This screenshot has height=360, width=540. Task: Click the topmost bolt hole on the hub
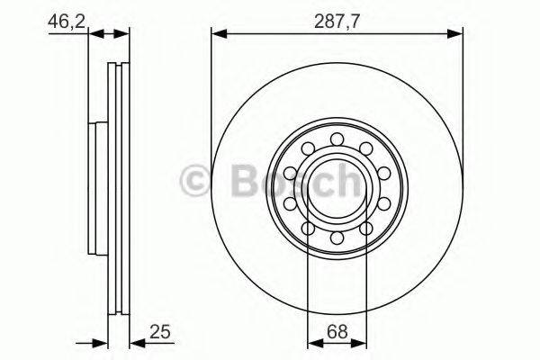click(x=337, y=139)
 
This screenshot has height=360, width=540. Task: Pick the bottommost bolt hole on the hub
click(x=337, y=239)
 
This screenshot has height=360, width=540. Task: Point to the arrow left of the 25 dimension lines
click(x=88, y=342)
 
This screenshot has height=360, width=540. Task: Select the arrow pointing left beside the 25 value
click(x=138, y=342)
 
